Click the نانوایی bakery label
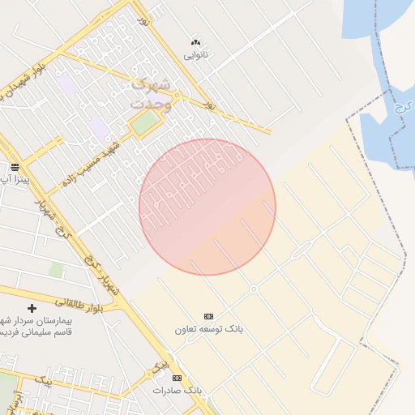pos(195,55)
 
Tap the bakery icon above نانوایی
pos(195,42)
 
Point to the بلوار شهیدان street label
pos(33,82)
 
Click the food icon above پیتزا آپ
pos(15,166)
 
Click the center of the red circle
pos(207,207)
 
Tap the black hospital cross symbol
pos(32,308)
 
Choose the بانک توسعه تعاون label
pos(208,329)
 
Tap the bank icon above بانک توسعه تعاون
pos(208,316)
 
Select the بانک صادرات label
pos(177,390)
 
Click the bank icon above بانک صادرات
pos(177,378)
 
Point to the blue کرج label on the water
pos(399,108)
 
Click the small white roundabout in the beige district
pos(254,289)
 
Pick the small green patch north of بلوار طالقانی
pos(56,269)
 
